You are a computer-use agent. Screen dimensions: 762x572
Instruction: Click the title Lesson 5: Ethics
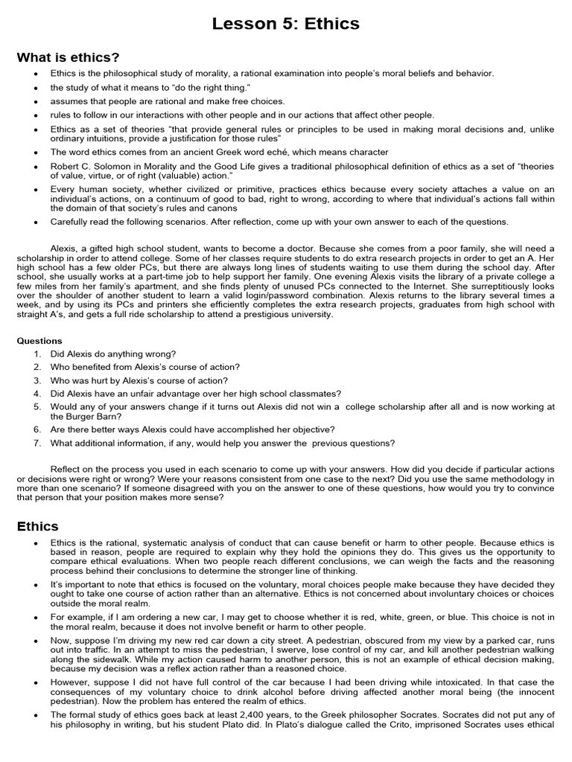click(x=286, y=24)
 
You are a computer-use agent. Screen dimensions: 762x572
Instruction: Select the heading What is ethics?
click(x=68, y=57)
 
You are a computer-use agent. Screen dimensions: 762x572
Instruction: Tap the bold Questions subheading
click(x=39, y=341)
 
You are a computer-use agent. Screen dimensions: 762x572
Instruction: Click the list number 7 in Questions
click(x=36, y=443)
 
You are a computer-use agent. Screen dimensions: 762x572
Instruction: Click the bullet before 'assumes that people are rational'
click(x=35, y=101)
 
